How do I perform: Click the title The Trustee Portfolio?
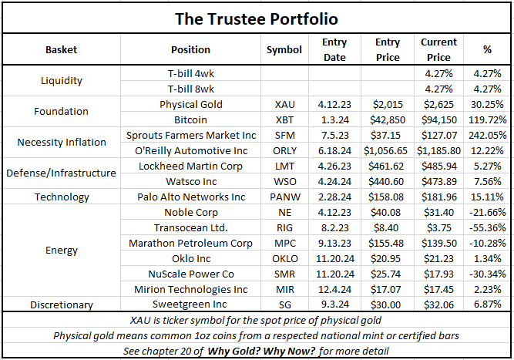pyautogui.click(x=257, y=16)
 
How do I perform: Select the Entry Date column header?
pyautogui.click(x=335, y=49)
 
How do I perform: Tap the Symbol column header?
pyautogui.click(x=284, y=49)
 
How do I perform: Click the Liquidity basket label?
pyautogui.click(x=61, y=81)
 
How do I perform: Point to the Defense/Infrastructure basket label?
pyautogui.click(x=61, y=173)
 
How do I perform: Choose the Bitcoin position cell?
pyautogui.click(x=190, y=119)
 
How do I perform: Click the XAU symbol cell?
pyautogui.click(x=284, y=104)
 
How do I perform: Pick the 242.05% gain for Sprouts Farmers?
pyautogui.click(x=487, y=135)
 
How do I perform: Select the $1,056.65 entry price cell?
pyautogui.click(x=388, y=150)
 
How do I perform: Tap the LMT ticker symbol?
pyautogui.click(x=284, y=166)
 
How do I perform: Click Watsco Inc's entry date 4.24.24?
pyautogui.click(x=335, y=181)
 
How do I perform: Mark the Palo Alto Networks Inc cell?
pyautogui.click(x=190, y=197)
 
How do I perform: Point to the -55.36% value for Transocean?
pyautogui.click(x=487, y=227)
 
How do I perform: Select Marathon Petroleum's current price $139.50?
pyautogui.click(x=439, y=243)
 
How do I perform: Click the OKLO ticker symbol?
pyautogui.click(x=284, y=258)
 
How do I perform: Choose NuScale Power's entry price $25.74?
pyautogui.click(x=388, y=274)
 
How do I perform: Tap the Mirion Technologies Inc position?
pyautogui.click(x=190, y=289)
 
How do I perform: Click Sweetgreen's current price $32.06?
pyautogui.click(x=439, y=304)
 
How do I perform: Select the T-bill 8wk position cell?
pyautogui.click(x=190, y=89)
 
